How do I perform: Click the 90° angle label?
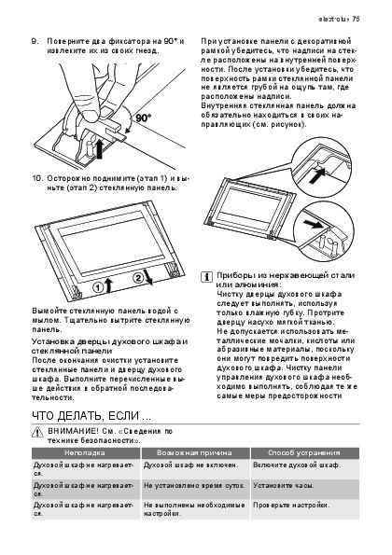click(x=144, y=118)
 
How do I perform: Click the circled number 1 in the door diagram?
click(x=98, y=287)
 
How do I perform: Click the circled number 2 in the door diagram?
click(x=138, y=278)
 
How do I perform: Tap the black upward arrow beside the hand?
click(x=100, y=148)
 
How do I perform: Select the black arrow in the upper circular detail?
click(x=317, y=175)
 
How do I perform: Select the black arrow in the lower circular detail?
click(x=315, y=224)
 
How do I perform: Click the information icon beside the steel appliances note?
click(x=207, y=277)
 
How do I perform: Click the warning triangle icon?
click(x=37, y=432)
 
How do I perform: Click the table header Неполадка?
click(x=85, y=452)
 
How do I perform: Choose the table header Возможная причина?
click(x=194, y=452)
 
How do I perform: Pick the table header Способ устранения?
click(x=304, y=452)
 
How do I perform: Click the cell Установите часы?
click(x=284, y=485)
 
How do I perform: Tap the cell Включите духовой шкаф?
click(x=297, y=465)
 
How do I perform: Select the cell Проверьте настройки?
click(x=291, y=505)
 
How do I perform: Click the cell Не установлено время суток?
click(x=194, y=485)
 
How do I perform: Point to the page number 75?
click(x=356, y=19)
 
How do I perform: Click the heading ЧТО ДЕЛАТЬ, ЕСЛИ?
click(x=91, y=415)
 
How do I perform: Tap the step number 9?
click(x=35, y=41)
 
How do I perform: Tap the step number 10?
click(x=36, y=178)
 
